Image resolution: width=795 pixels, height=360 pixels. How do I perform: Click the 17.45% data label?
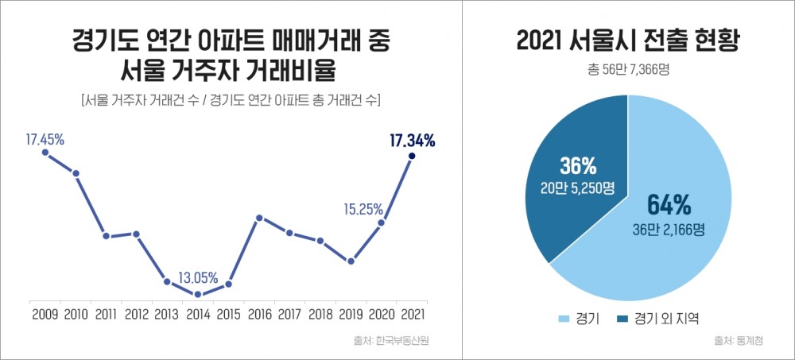point(45,139)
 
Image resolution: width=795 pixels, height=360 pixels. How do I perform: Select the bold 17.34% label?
point(412,141)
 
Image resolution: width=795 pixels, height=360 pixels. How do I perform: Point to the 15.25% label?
point(364,210)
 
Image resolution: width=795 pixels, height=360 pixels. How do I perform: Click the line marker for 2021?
point(412,157)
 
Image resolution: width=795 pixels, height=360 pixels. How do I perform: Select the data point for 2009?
point(45,153)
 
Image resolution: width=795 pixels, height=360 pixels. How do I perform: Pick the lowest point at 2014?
point(198,295)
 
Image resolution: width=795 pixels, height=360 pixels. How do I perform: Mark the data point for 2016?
point(259,218)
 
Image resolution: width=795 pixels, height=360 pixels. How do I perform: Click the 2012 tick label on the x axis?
point(137,314)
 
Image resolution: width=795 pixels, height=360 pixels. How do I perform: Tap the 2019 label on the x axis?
point(351,314)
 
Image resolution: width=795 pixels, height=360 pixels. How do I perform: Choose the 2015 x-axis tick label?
point(228,314)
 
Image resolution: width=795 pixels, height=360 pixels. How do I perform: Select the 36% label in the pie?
point(576,166)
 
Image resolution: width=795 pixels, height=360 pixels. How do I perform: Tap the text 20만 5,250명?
point(576,188)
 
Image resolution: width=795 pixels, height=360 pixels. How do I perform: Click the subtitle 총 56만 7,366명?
point(628,69)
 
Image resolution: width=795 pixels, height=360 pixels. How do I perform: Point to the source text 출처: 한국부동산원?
point(397,341)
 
